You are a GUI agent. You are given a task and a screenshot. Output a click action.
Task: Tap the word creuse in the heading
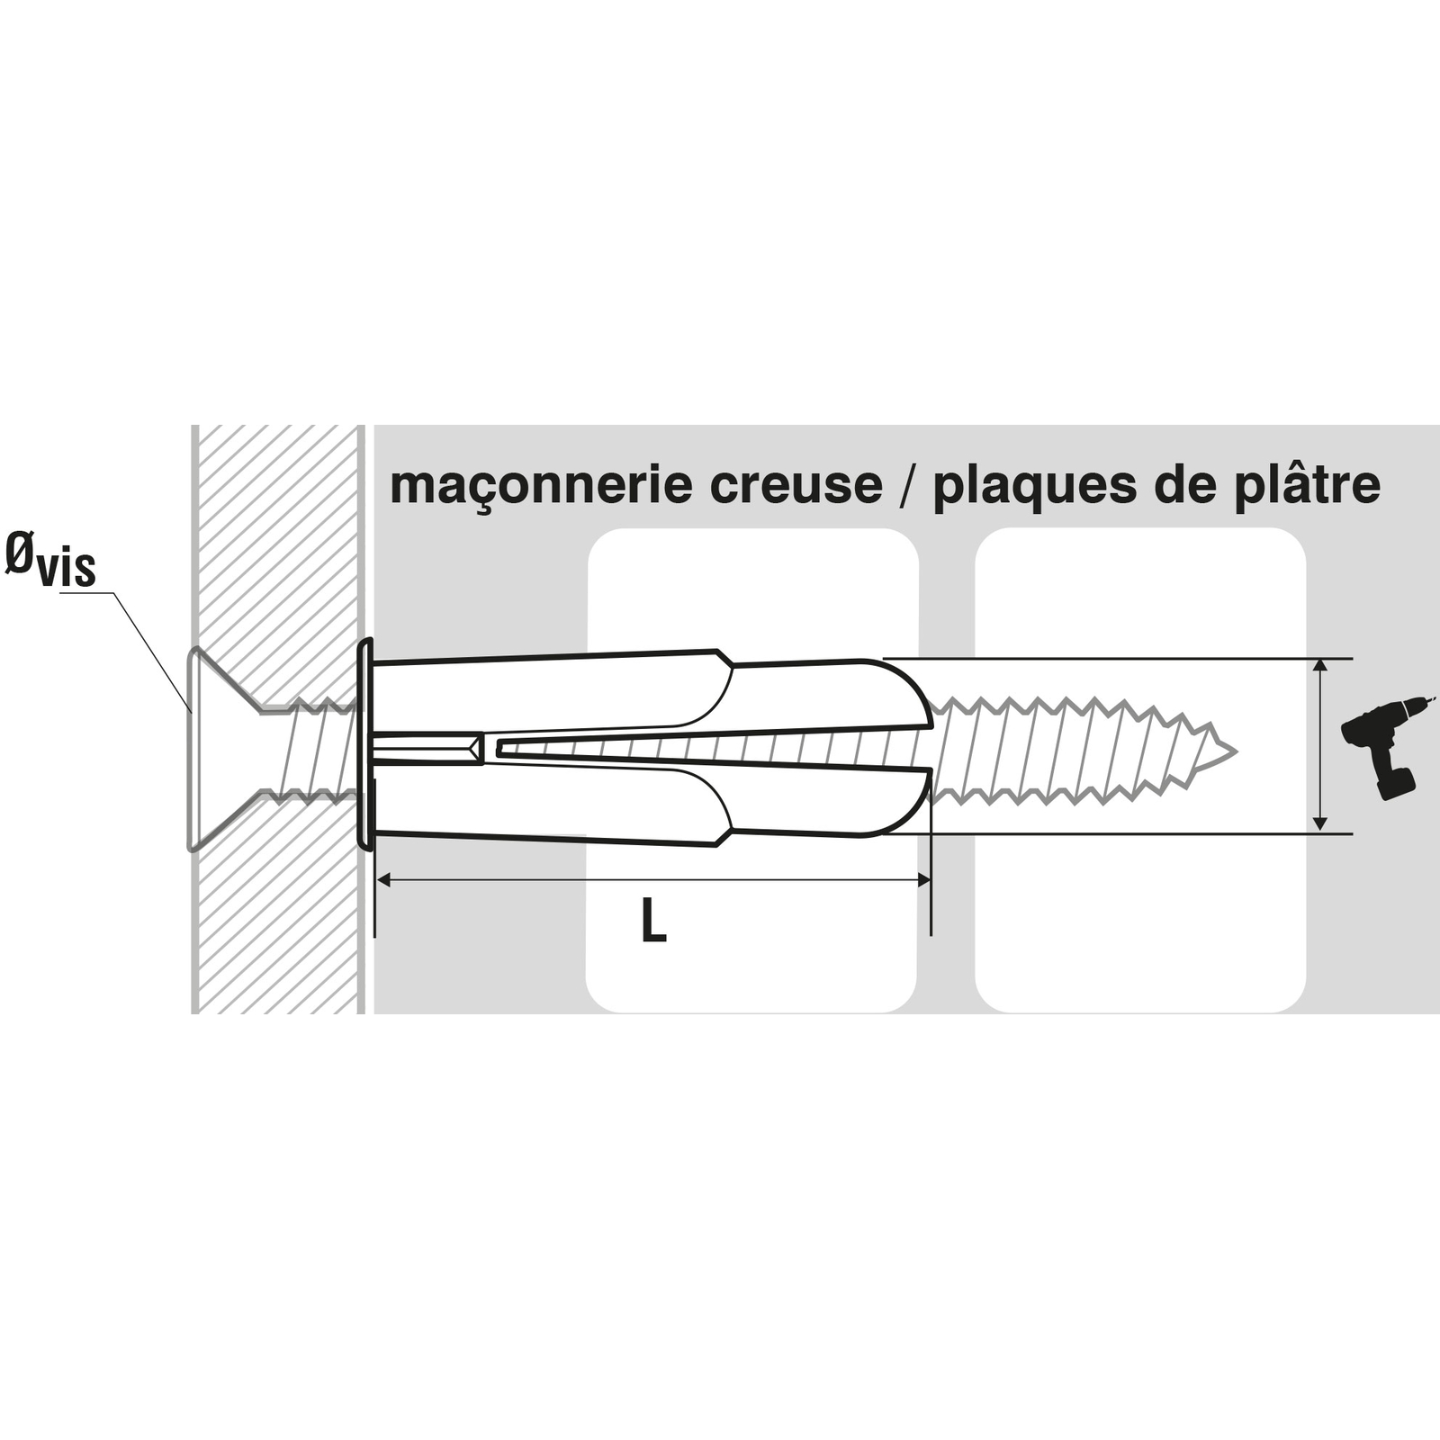point(796,486)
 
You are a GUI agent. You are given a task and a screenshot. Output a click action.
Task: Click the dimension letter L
point(653,922)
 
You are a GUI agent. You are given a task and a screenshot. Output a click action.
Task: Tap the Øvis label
point(50,559)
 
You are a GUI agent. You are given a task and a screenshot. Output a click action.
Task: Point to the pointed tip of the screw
point(1237,751)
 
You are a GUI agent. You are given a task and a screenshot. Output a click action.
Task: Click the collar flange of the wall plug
point(365,744)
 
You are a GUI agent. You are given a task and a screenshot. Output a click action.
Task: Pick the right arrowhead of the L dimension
point(922,879)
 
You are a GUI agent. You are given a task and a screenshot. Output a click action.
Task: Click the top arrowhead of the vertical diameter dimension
point(1319,667)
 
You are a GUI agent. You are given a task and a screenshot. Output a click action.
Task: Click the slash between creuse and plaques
point(908,487)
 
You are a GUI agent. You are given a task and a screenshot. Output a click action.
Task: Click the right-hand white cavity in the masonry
point(1140,770)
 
